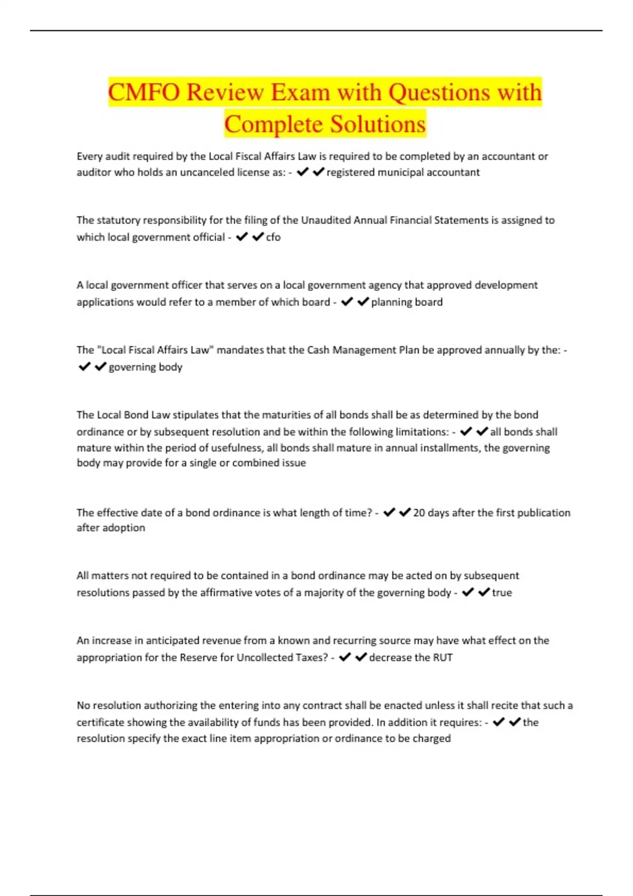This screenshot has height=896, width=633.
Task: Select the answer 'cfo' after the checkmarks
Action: (x=273, y=237)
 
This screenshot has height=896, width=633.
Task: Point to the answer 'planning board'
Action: (x=407, y=302)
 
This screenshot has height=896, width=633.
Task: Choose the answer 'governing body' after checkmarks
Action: (x=145, y=367)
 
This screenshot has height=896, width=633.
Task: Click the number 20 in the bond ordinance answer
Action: (x=419, y=513)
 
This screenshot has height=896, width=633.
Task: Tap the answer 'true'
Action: (x=502, y=592)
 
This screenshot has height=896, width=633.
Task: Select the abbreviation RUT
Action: (x=443, y=657)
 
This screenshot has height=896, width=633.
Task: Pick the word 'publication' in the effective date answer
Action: (x=544, y=513)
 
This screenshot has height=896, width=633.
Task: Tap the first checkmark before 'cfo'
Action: (x=242, y=237)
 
